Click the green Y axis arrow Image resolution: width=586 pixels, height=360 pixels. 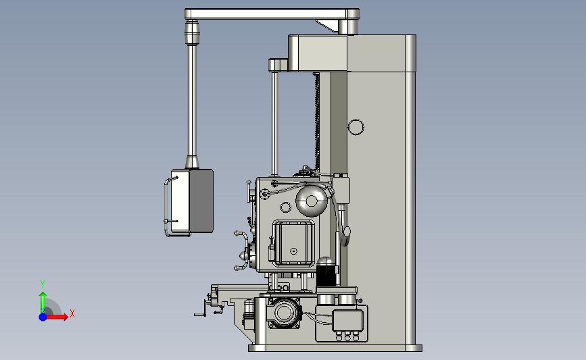click(43, 302)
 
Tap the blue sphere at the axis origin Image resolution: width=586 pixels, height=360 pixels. click(43, 317)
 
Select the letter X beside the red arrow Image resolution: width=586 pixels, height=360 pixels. click(72, 313)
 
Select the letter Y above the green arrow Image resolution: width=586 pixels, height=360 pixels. click(42, 284)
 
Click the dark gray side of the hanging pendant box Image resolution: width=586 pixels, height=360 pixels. click(201, 201)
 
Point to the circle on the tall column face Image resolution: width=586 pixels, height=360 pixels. click(356, 128)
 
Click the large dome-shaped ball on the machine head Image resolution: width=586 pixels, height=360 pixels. click(312, 201)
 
